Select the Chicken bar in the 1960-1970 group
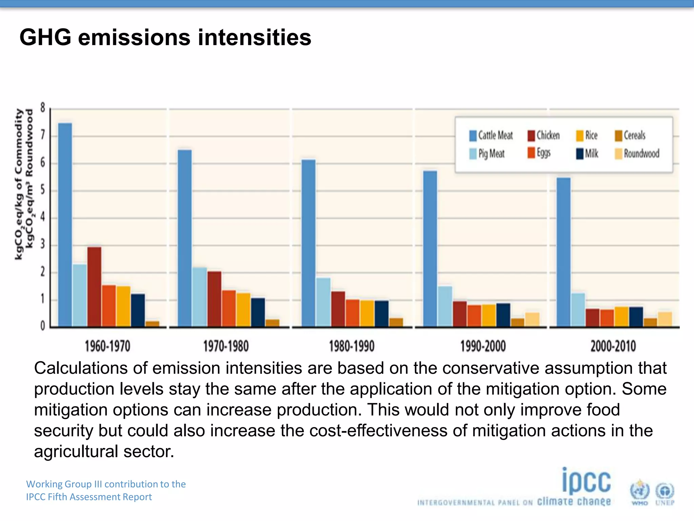pos(94,287)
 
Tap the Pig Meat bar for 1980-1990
pos(323,302)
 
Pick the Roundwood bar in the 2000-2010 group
pos(665,319)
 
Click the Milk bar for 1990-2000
pos(503,315)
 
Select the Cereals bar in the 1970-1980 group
pos(272,323)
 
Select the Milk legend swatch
pos(580,154)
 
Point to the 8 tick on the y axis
pos(43,108)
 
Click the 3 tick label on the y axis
pos(43,244)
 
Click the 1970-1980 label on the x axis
pos(226,346)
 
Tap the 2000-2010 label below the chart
pos(613,346)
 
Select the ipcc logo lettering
pos(586,481)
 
